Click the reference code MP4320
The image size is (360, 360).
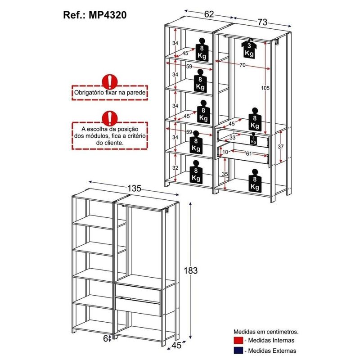108,15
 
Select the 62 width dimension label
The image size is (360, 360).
209,14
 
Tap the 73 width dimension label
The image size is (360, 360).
262,22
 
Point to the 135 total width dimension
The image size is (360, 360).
134,188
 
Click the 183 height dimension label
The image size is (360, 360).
190,270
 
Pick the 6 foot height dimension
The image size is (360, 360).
106,338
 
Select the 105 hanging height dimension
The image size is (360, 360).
265,88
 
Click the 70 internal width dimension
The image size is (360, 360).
243,65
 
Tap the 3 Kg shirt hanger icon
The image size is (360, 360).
249,49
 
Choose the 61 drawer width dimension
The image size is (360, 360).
249,153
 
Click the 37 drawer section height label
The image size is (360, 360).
280,147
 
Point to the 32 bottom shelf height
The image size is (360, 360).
175,167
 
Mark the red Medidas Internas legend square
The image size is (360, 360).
238,340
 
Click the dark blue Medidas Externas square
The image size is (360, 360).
238,351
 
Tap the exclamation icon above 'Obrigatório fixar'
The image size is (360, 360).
110,82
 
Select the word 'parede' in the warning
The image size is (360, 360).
137,93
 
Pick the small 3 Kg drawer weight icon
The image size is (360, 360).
253,139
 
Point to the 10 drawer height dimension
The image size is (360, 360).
225,152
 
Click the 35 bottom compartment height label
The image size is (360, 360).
225,174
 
